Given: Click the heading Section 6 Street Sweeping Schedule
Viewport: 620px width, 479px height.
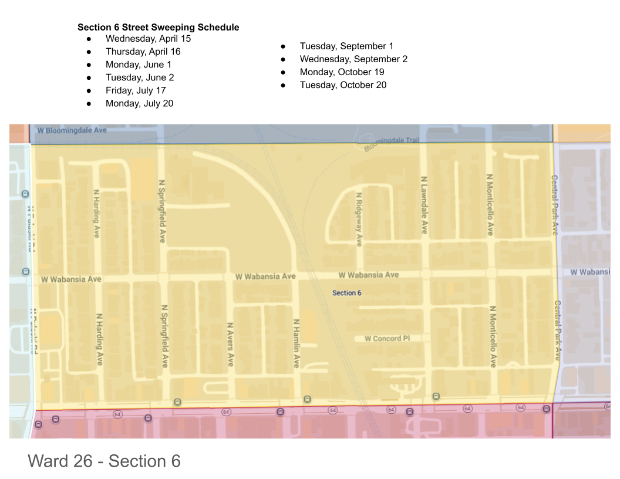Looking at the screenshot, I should click(158, 28).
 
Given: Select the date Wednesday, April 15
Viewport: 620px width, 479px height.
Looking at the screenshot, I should click(148, 39).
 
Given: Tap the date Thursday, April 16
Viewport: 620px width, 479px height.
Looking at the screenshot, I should click(143, 52).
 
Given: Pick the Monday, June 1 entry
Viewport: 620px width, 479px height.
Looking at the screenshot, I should click(139, 65).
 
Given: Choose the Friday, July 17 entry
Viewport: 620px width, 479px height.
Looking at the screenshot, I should click(136, 90).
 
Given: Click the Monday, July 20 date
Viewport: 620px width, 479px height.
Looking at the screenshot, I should click(139, 103).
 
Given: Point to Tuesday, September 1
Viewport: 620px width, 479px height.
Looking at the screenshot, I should click(346, 46).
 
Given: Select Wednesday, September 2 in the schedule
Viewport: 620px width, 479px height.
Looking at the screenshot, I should click(353, 59).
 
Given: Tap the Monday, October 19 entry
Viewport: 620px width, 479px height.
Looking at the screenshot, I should click(342, 72).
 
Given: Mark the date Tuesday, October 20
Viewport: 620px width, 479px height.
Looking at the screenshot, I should click(343, 85).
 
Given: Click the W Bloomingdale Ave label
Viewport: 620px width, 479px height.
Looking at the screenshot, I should click(72, 130).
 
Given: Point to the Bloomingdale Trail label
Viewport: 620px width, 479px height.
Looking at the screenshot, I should click(392, 142).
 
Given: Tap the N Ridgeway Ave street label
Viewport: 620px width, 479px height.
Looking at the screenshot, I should click(359, 219).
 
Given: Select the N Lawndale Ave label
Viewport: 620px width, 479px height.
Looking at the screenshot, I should click(424, 205).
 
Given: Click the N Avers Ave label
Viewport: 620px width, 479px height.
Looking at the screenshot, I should click(231, 344).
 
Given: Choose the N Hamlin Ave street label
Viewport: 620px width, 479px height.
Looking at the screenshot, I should click(296, 343).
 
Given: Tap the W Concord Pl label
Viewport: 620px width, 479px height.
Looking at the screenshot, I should click(387, 339).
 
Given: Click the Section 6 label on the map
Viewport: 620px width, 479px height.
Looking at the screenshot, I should click(346, 293).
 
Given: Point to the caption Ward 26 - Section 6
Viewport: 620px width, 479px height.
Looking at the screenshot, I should click(104, 461).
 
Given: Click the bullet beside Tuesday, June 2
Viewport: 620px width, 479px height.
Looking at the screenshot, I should click(89, 77).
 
